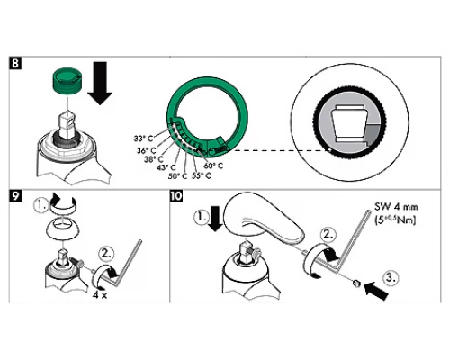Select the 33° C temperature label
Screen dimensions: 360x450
(146, 138)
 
